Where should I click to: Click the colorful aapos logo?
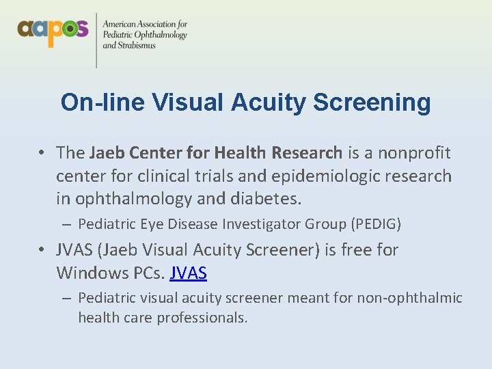click(53, 31)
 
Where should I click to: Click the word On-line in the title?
click(102, 102)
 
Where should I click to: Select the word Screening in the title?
click(372, 102)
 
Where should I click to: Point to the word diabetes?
click(267, 200)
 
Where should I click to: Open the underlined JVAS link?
click(188, 273)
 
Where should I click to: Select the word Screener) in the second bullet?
click(273, 250)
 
